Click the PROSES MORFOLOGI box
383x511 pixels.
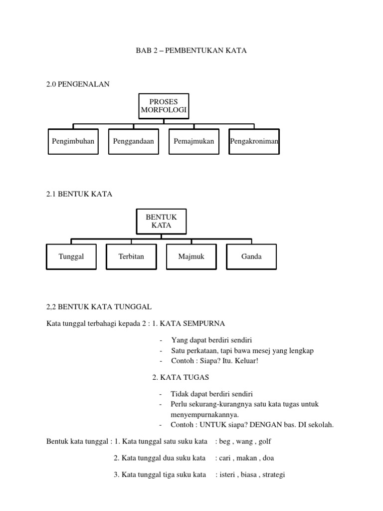click(163, 106)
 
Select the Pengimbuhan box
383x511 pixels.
click(73, 141)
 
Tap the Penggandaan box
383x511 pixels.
click(133, 141)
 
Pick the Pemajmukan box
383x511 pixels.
click(193, 141)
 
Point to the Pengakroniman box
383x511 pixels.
click(254, 141)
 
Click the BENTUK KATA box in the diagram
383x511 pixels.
click(161, 221)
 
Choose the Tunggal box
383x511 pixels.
click(71, 256)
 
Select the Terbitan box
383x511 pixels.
click(131, 256)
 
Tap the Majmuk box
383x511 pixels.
click(191, 256)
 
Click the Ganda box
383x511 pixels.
click(251, 256)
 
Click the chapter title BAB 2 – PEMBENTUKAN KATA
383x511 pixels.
click(191, 51)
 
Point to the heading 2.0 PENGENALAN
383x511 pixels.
click(78, 84)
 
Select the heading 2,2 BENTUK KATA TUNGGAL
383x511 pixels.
click(99, 306)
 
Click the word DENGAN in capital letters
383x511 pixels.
click(270, 425)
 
